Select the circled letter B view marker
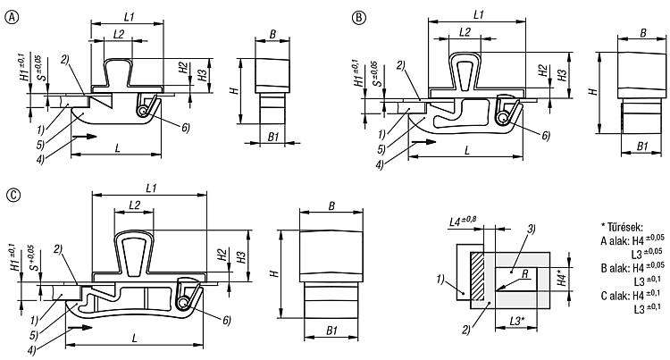click(359, 18)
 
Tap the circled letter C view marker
click(14, 195)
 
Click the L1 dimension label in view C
click(151, 188)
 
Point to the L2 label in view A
click(119, 34)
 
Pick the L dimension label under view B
click(467, 150)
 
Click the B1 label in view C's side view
click(332, 331)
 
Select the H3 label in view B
click(563, 75)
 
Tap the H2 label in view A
click(184, 67)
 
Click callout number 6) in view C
click(227, 320)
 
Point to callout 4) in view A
click(40, 160)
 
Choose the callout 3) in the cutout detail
click(532, 229)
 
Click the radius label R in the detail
click(524, 273)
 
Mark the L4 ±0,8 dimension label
click(463, 222)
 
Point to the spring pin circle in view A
click(142, 111)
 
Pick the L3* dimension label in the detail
click(516, 321)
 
